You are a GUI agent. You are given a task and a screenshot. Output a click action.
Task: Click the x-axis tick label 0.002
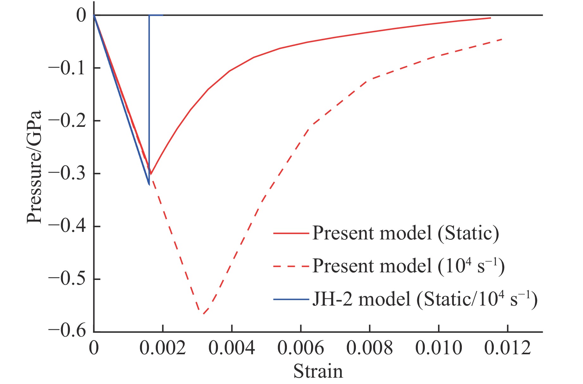tap(163, 348)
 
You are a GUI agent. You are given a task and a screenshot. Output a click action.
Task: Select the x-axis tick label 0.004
tap(232, 348)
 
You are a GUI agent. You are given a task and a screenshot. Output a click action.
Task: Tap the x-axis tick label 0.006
tap(301, 348)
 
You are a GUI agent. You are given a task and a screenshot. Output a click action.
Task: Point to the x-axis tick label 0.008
tap(369, 348)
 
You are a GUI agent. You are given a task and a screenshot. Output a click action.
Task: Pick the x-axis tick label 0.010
tap(438, 348)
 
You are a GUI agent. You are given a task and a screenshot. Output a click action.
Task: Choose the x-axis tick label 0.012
tap(507, 348)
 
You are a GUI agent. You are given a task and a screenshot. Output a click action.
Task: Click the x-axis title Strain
tap(318, 371)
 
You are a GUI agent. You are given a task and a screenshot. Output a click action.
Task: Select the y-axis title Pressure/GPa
tap(34, 167)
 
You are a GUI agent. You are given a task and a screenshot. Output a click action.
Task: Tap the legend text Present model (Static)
tap(406, 233)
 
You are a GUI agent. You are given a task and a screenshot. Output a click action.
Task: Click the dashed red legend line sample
tap(291, 266)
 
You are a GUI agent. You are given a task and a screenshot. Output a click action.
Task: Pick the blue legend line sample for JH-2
tap(291, 299)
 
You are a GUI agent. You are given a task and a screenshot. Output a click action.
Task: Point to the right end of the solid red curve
tap(490, 18)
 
